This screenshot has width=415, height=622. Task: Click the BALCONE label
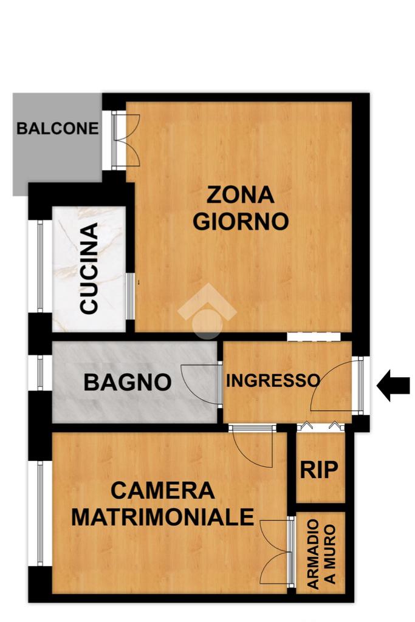(x=58, y=129)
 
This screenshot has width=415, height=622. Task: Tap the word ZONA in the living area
(x=241, y=195)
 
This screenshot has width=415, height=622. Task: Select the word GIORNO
(x=241, y=221)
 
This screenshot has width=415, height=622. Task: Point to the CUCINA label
(x=89, y=268)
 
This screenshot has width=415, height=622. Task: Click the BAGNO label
(x=128, y=383)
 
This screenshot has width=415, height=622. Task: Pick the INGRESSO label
(x=273, y=380)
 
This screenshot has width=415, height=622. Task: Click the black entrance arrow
(x=393, y=386)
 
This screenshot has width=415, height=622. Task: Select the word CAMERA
(x=163, y=491)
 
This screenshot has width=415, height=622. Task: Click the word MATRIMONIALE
(x=163, y=517)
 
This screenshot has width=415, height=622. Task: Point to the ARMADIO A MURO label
(x=321, y=554)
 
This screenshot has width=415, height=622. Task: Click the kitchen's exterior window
(x=40, y=266)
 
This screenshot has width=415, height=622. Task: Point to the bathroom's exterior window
(x=40, y=372)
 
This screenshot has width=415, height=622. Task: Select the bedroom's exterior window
(x=40, y=513)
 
